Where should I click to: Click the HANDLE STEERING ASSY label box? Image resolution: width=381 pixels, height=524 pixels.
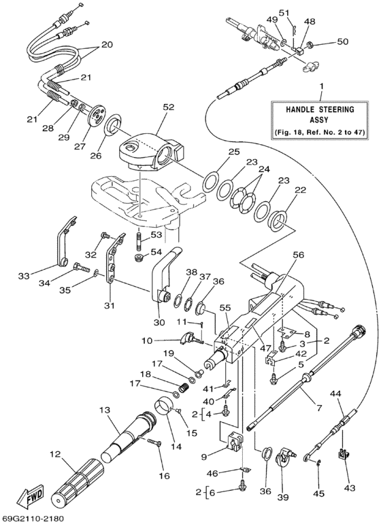click(x=320, y=119)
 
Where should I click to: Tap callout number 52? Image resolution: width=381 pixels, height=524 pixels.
click(x=168, y=107)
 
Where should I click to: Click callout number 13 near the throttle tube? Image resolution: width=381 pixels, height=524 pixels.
click(x=103, y=411)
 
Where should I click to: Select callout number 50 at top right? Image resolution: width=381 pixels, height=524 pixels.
click(x=342, y=42)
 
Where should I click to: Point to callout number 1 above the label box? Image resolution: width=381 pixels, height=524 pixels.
click(x=321, y=87)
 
